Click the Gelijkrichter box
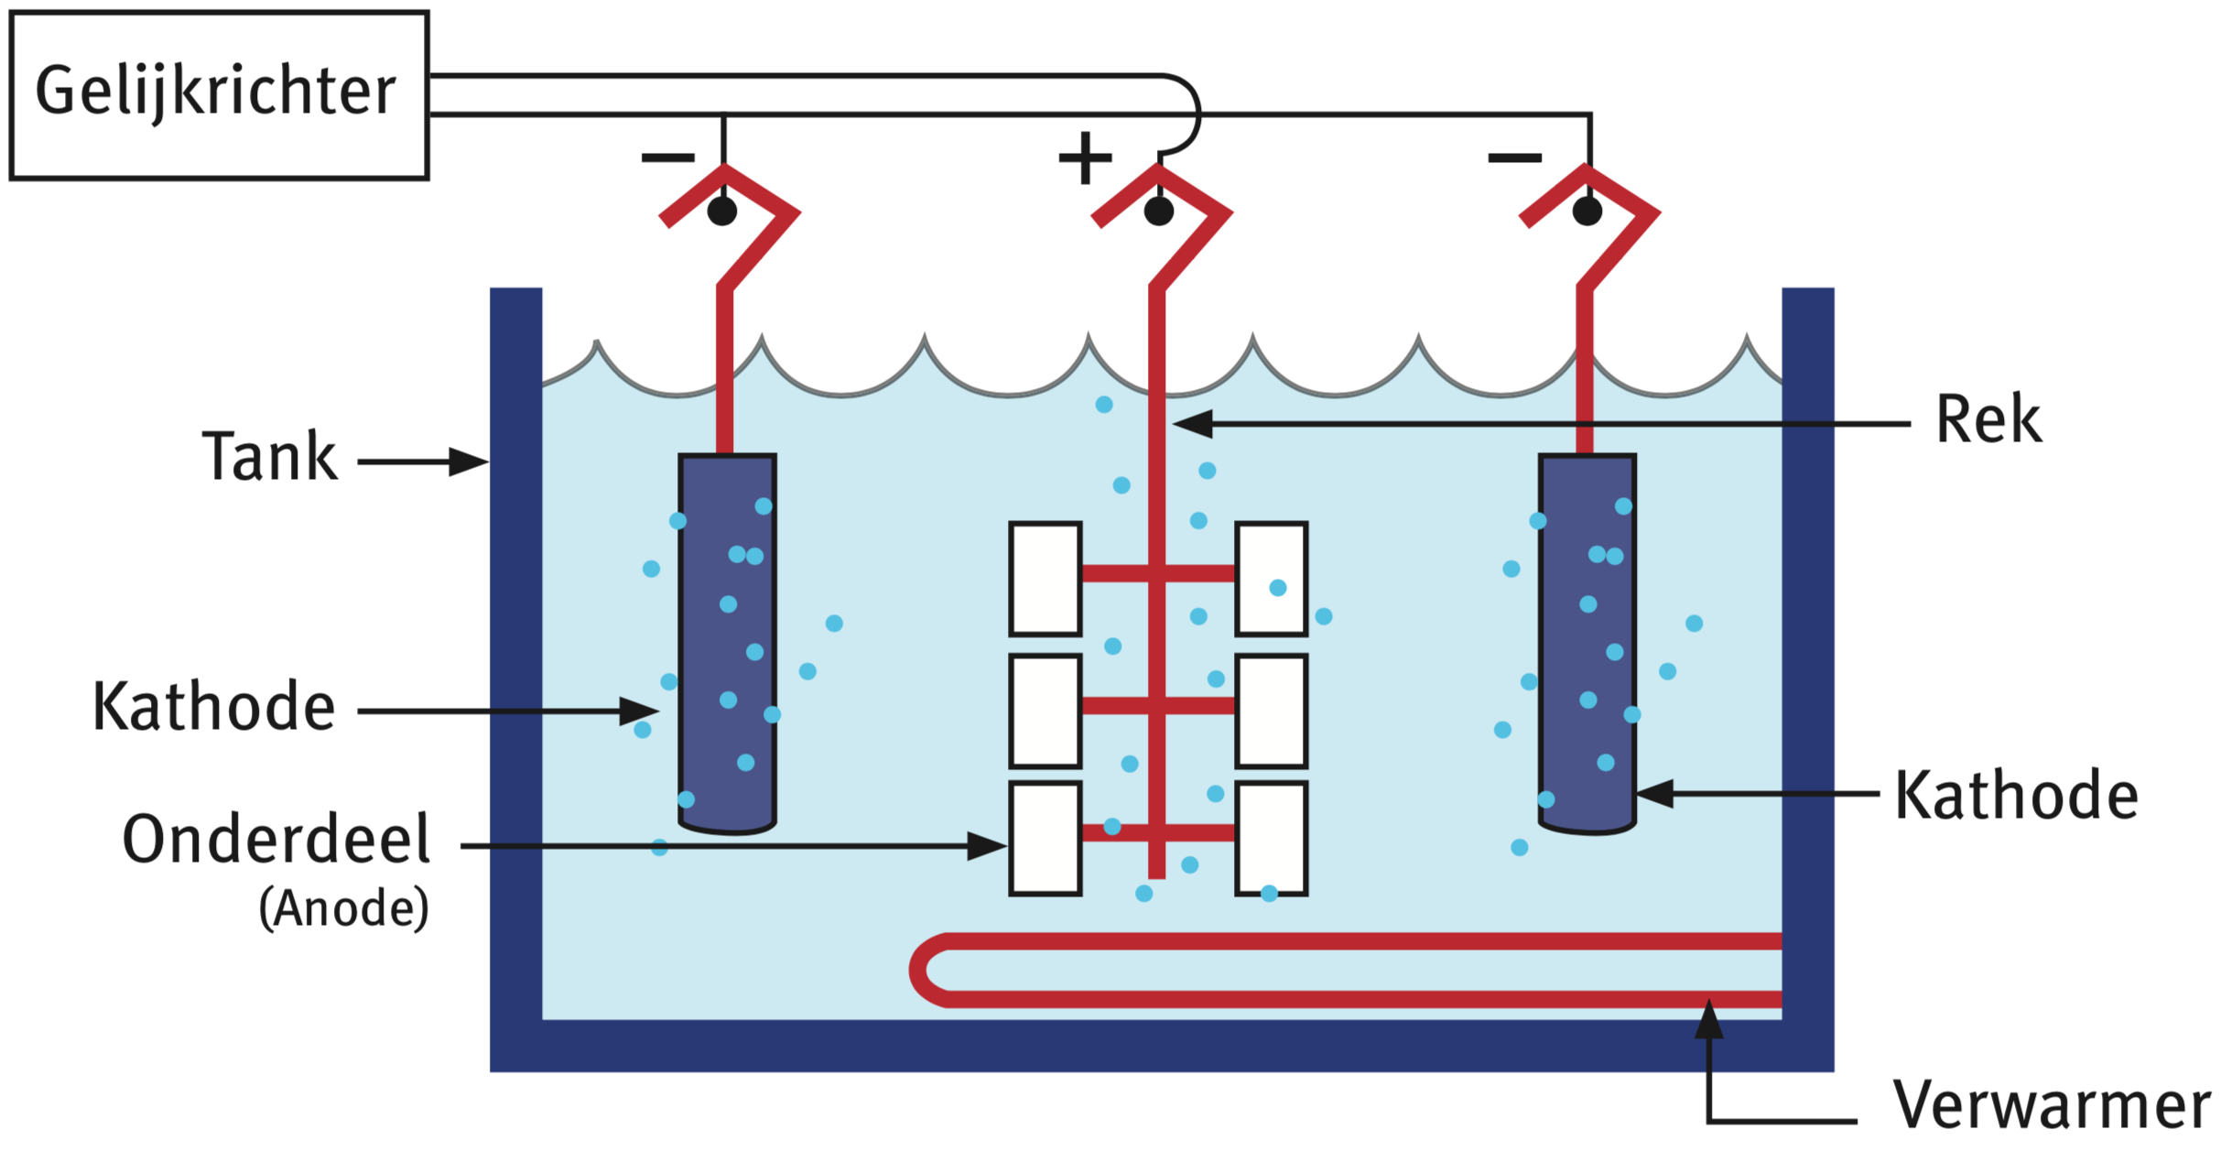[x=219, y=95]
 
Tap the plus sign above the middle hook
[x=1085, y=157]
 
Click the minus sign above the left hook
[x=668, y=158]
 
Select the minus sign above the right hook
[x=1514, y=158]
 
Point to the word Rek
[x=1988, y=420]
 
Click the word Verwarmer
[x=2051, y=1105]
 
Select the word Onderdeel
[x=276, y=839]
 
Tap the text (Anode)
[x=343, y=908]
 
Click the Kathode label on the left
[x=214, y=707]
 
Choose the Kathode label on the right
[x=2016, y=795]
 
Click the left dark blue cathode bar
[x=728, y=641]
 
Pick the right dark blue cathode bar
[x=1587, y=641]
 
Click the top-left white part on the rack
[x=1045, y=579]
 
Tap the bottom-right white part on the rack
[x=1271, y=838]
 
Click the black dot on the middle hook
[x=1158, y=212]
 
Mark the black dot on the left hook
[x=722, y=212]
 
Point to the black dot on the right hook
[x=1587, y=212]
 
